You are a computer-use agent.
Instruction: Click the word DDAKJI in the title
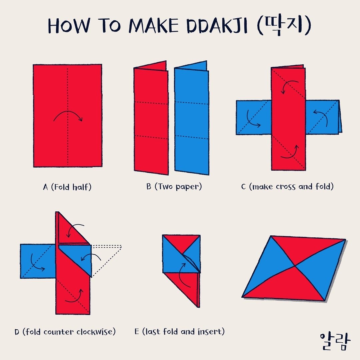[217, 25]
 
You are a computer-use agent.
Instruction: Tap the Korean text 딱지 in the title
[284, 26]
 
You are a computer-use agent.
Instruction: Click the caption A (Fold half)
[67, 187]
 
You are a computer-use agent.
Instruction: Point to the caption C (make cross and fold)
[287, 186]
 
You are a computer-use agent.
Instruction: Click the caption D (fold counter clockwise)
[65, 332]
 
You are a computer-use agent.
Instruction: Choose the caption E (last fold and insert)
[180, 331]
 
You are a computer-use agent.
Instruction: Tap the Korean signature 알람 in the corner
[335, 341]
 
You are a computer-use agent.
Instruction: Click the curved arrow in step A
[68, 112]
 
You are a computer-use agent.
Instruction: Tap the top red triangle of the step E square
[181, 242]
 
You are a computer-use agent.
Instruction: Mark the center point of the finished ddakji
[295, 266]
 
